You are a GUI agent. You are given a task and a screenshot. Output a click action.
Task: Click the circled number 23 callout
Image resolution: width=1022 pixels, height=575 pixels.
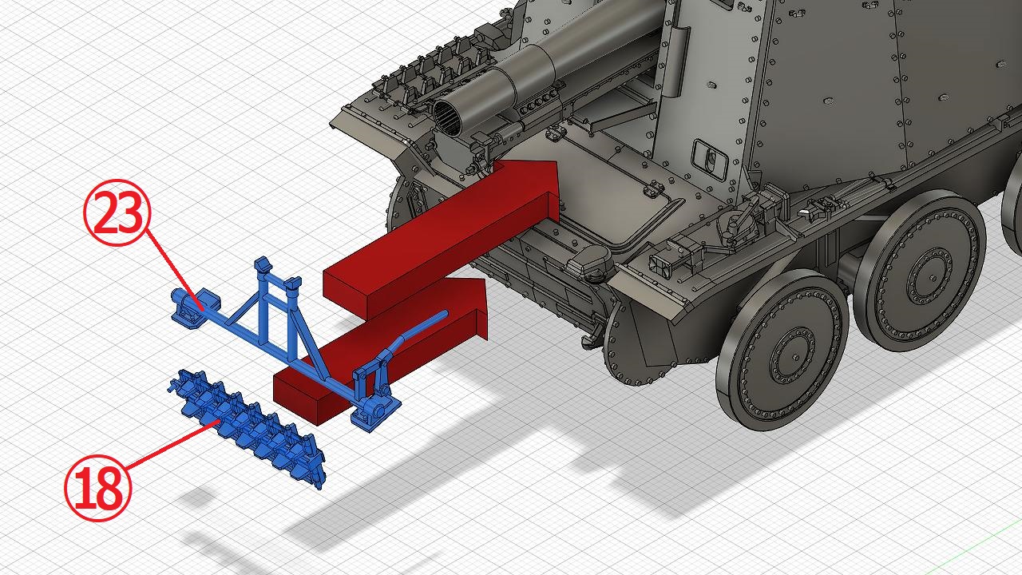pyautogui.click(x=117, y=212)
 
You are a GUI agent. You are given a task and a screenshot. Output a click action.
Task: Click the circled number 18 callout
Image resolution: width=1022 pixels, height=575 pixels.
pyautogui.click(x=98, y=488)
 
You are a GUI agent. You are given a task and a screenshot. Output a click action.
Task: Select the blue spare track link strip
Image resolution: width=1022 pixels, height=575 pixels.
pyautogui.click(x=248, y=427)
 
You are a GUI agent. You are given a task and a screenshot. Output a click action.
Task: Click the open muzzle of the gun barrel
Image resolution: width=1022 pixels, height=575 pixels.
pyautogui.click(x=448, y=117)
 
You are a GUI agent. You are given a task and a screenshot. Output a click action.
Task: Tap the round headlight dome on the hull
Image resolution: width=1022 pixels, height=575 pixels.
pyautogui.click(x=592, y=263)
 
